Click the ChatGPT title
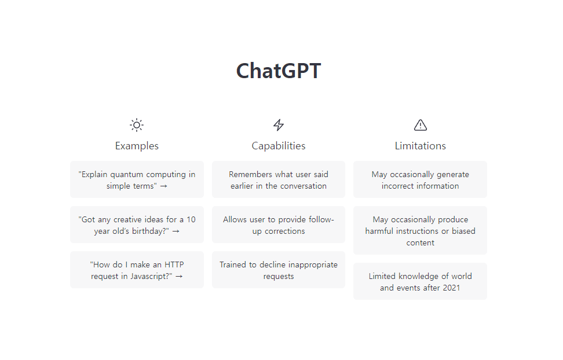278,71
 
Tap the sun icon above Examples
137,125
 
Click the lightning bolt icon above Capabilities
278,125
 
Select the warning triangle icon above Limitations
420,125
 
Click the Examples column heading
137,146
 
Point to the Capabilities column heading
278,146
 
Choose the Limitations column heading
420,146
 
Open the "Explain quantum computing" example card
137,179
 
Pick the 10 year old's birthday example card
137,225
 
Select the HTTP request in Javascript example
137,270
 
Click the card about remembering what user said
278,179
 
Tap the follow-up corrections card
278,225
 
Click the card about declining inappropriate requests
278,270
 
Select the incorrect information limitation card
420,179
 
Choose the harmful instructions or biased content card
420,230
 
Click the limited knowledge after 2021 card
420,281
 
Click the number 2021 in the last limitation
451,288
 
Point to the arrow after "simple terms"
164,186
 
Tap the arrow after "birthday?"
176,232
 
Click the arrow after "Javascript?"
179,277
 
